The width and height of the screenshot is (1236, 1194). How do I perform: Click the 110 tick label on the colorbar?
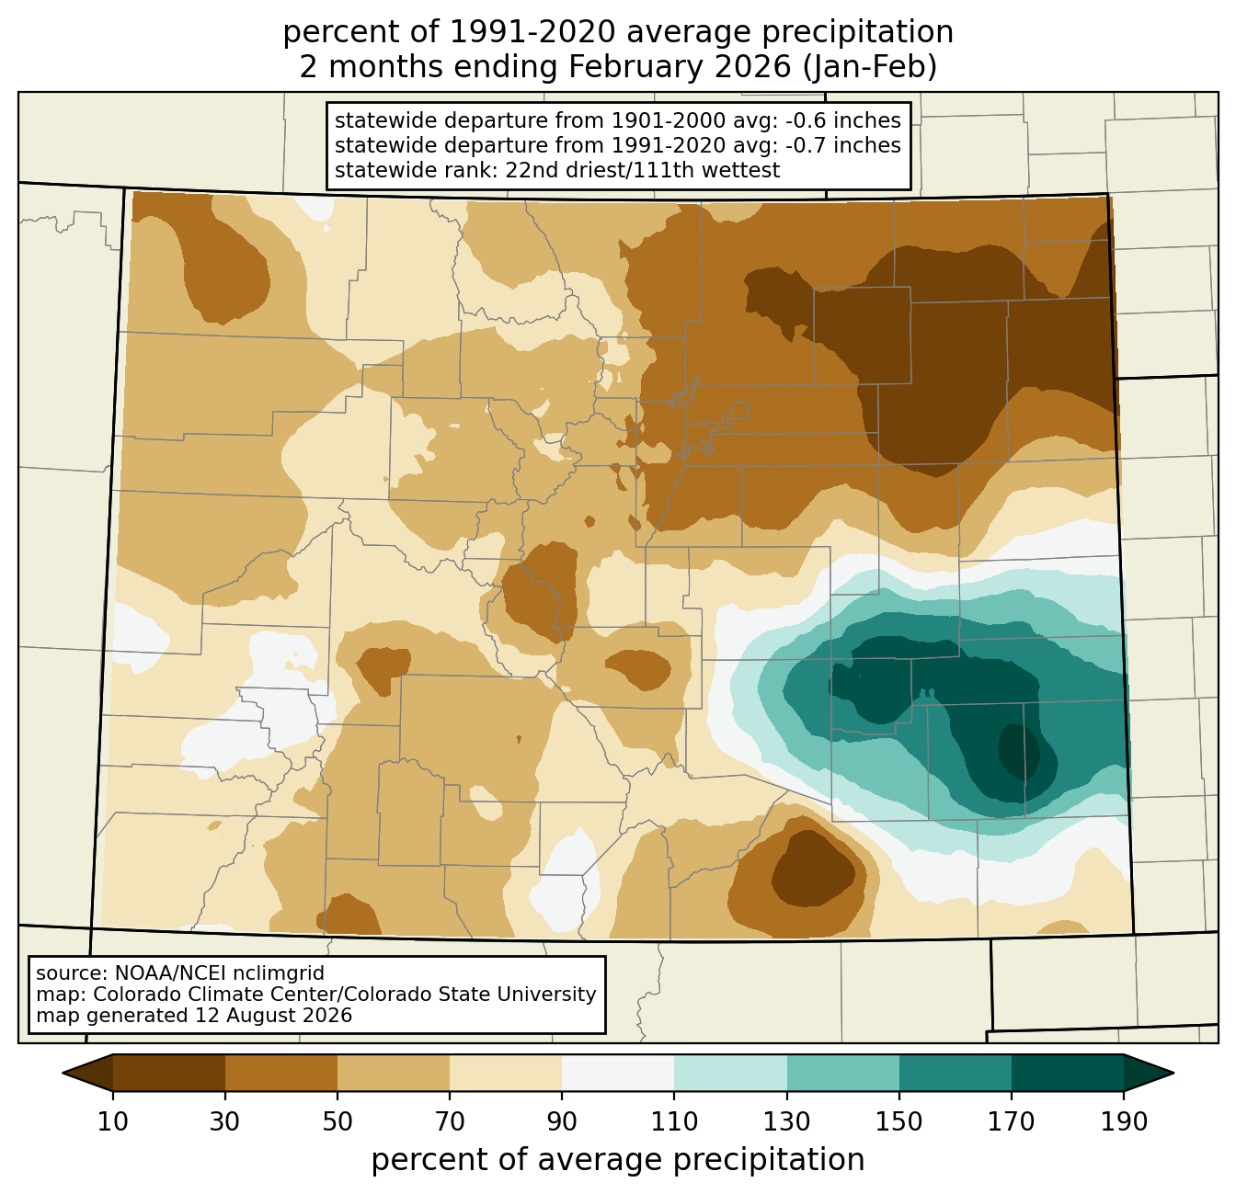click(674, 1121)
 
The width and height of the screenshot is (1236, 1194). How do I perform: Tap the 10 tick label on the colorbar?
click(112, 1121)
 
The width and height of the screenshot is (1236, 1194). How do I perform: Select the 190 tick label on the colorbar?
click(1124, 1121)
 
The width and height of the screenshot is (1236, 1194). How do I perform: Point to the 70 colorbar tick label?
click(449, 1121)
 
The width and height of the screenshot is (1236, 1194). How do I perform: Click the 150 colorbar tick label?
click(898, 1121)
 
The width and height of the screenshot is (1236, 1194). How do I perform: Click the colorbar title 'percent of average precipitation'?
click(617, 1160)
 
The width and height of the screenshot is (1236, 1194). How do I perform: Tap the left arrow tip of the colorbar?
click(63, 1073)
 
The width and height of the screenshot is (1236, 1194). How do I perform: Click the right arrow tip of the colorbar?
click(1173, 1073)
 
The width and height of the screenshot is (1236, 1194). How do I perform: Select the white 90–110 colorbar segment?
click(618, 1073)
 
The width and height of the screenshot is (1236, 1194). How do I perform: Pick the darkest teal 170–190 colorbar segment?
click(1067, 1073)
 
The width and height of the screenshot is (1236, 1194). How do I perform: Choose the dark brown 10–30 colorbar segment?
click(169, 1073)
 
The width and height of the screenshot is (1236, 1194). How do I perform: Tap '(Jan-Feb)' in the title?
click(869, 67)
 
